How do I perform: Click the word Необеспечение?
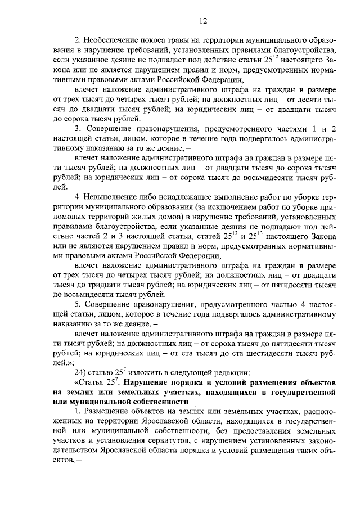(114, 39)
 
